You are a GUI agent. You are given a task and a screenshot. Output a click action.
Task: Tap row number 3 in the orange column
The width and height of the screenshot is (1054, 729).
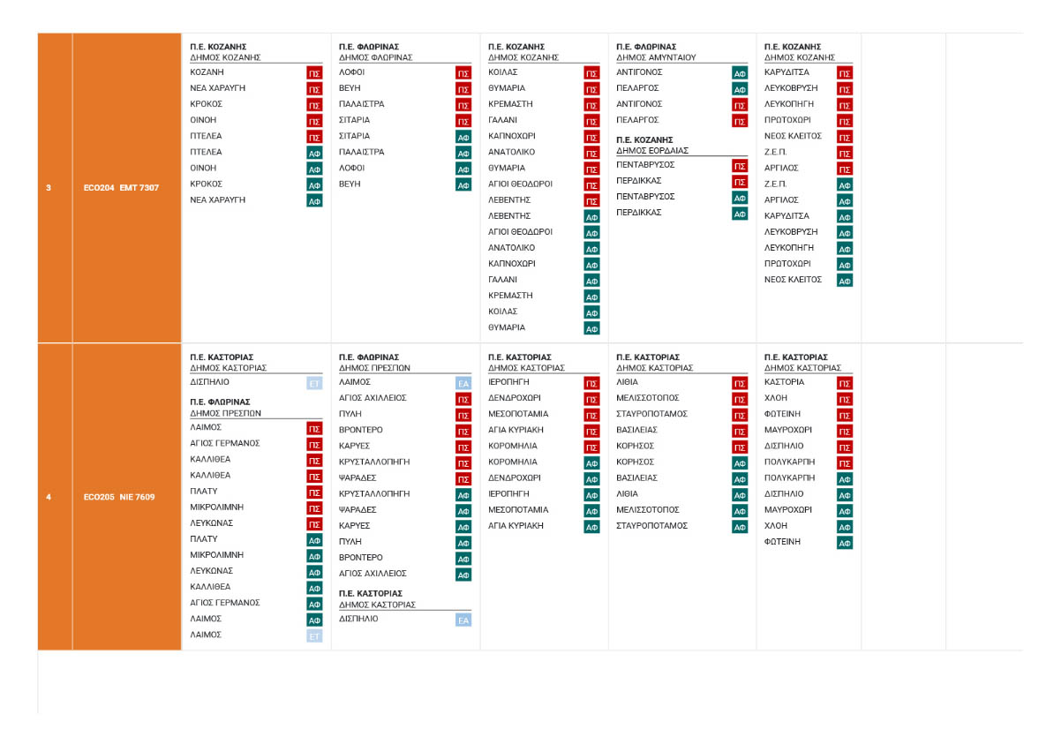pyautogui.click(x=49, y=187)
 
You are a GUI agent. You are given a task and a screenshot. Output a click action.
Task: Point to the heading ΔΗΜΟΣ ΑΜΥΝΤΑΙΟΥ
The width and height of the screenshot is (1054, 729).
pyautogui.click(x=656, y=57)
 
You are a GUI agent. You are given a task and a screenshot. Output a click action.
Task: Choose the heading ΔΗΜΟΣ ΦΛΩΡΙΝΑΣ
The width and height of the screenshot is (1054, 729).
pyautogui.click(x=375, y=57)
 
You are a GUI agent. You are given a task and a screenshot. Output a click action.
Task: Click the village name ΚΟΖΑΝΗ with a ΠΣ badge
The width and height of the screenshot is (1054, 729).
pyautogui.click(x=207, y=72)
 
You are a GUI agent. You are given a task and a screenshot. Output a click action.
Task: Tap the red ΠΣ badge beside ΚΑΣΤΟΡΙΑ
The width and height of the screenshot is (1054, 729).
pyautogui.click(x=845, y=383)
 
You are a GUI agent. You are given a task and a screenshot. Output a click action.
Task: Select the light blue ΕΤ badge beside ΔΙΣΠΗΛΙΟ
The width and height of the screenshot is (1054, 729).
pyautogui.click(x=314, y=383)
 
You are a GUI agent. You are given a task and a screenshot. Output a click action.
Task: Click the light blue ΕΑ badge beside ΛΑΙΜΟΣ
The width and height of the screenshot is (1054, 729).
pyautogui.click(x=463, y=383)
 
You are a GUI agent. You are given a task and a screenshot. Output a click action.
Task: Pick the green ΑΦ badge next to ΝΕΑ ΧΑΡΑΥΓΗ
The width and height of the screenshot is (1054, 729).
pyautogui.click(x=314, y=200)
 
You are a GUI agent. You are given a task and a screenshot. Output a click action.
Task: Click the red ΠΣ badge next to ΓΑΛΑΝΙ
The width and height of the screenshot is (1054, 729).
pyautogui.click(x=591, y=120)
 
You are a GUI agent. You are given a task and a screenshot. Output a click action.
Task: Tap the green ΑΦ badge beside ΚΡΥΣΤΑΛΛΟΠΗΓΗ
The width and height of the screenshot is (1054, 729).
pyautogui.click(x=463, y=494)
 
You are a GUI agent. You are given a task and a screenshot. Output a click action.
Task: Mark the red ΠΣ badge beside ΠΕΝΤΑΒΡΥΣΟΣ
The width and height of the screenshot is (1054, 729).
pyautogui.click(x=740, y=165)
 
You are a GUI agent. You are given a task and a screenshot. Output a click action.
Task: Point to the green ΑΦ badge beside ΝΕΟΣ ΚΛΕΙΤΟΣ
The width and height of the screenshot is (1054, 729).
pyautogui.click(x=845, y=281)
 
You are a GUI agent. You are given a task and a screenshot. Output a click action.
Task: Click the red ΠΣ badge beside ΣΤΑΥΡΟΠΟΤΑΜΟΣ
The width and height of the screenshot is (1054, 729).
pyautogui.click(x=740, y=415)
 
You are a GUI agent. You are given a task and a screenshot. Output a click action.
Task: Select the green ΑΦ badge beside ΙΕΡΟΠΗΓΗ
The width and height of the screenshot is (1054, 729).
pyautogui.click(x=591, y=494)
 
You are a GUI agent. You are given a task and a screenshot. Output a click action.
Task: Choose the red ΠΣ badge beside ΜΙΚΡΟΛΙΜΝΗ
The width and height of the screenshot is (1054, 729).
pyautogui.click(x=314, y=507)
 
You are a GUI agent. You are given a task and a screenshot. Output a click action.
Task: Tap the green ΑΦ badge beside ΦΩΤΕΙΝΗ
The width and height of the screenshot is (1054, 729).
pyautogui.click(x=845, y=543)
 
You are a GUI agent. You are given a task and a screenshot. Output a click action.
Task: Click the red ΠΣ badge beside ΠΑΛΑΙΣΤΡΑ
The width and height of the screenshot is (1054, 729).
pyautogui.click(x=463, y=104)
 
